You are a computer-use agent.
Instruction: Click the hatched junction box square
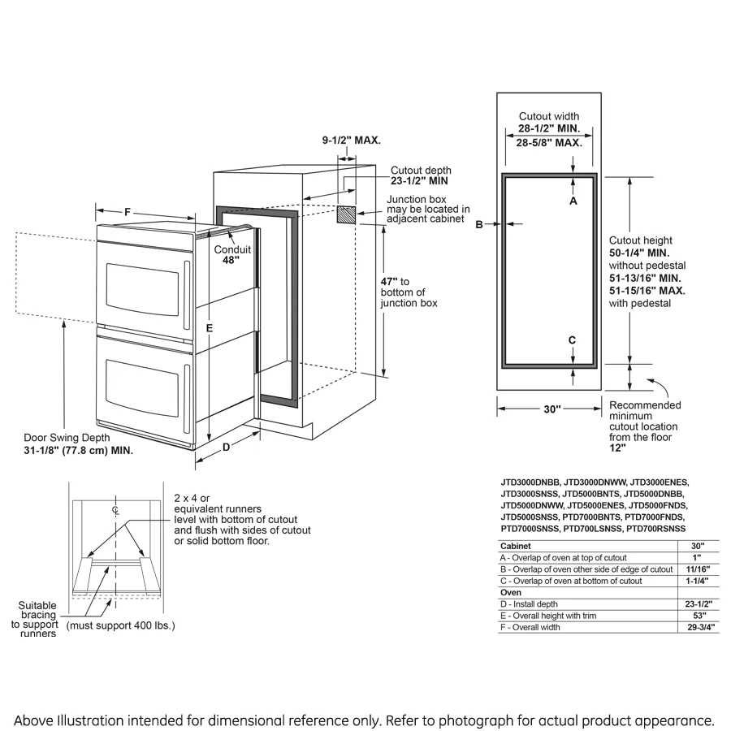(347, 214)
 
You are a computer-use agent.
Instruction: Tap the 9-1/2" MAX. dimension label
(351, 141)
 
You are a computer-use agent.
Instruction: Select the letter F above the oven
(128, 212)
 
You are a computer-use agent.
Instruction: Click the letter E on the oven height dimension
(209, 328)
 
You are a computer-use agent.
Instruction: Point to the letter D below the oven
(227, 447)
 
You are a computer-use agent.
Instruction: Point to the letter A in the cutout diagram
(573, 200)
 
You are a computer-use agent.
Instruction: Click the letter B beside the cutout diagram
(479, 224)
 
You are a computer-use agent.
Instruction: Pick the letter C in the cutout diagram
(572, 340)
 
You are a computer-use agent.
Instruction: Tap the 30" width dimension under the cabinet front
(552, 410)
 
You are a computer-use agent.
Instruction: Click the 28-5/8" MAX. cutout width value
(549, 142)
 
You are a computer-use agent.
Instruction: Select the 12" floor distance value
(618, 448)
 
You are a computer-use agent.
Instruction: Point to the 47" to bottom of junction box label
(409, 292)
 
